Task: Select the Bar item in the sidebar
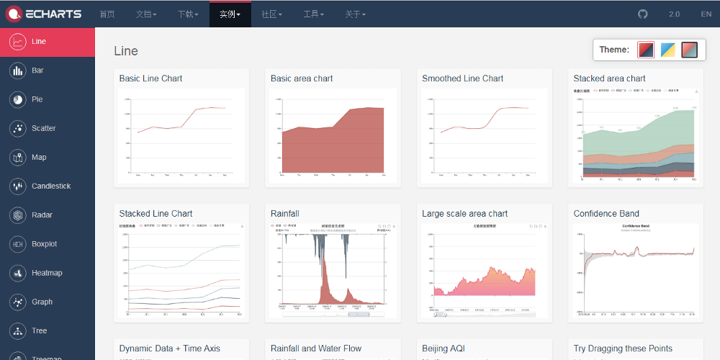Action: pos(37,71)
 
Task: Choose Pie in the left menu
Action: pos(37,99)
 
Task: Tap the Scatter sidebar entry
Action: pos(43,128)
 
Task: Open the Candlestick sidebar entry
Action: pos(50,186)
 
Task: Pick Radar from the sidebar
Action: pos(42,215)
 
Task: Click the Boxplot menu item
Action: pos(44,244)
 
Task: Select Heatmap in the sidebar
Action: pos(47,273)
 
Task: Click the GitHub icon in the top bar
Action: pos(643,14)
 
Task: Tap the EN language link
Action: pos(706,14)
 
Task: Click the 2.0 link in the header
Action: pos(674,14)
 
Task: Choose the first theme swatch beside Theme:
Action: pos(646,50)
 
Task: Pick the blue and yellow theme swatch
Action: pos(668,50)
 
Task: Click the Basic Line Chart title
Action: pos(150,78)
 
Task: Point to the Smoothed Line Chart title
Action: pos(462,78)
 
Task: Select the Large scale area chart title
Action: pos(464,214)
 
